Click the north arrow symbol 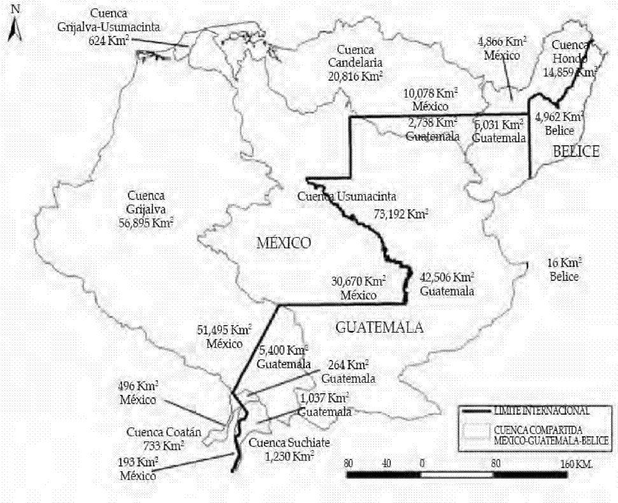click(15, 25)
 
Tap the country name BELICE click(575, 151)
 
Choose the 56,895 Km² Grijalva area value click(146, 223)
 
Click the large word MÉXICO click(284, 243)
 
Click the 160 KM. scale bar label click(576, 464)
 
